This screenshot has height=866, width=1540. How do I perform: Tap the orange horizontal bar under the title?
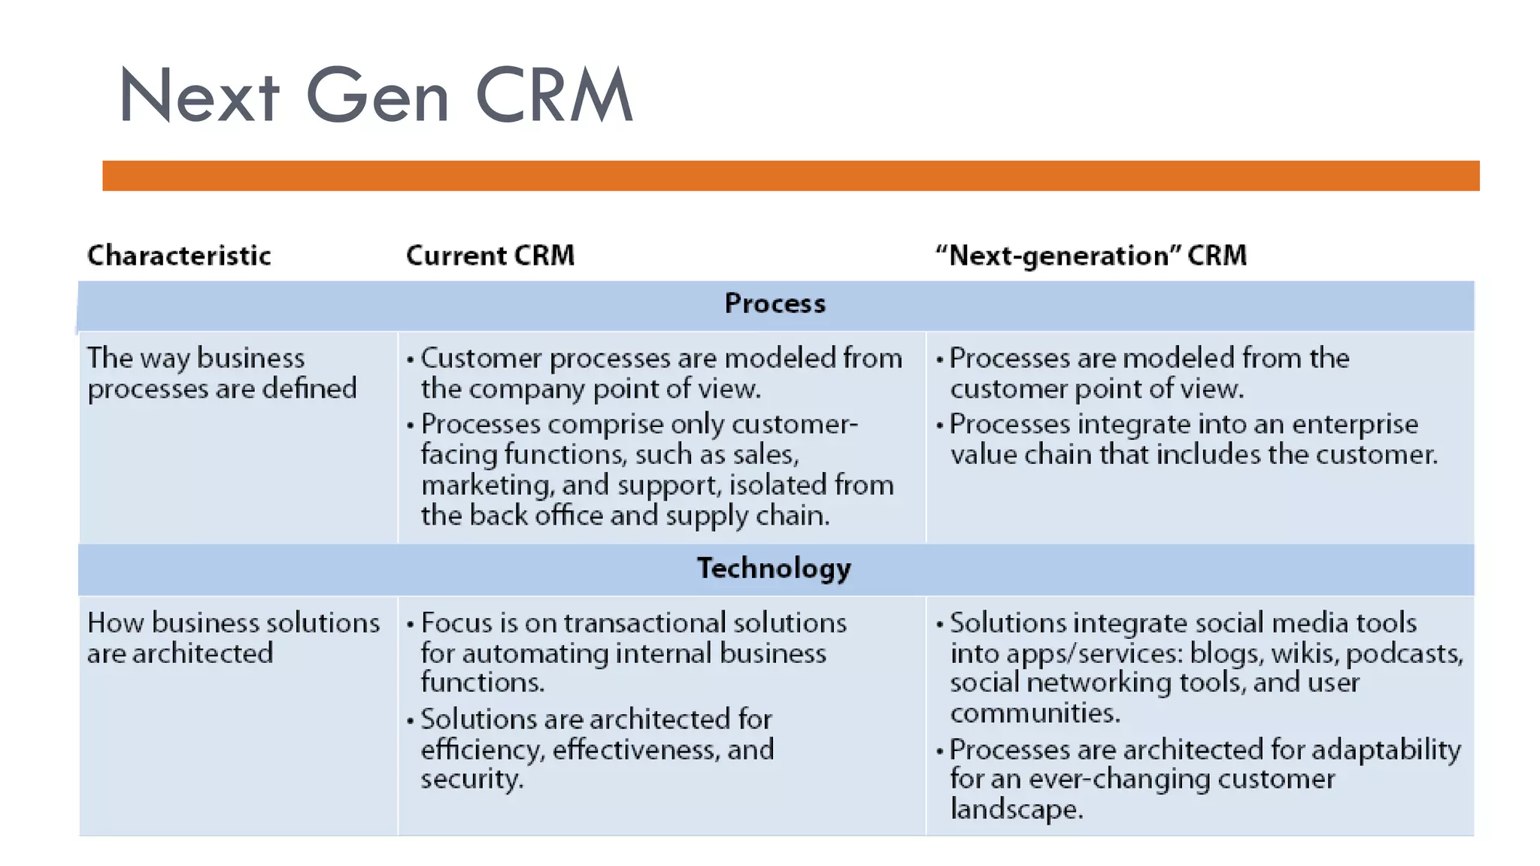(x=790, y=175)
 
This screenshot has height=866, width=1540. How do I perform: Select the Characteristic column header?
(x=179, y=256)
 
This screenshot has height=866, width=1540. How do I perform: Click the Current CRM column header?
(x=490, y=256)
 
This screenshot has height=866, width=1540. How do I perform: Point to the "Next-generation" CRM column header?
(x=1091, y=256)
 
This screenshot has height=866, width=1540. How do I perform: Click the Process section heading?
(x=775, y=304)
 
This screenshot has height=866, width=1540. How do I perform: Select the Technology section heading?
(x=774, y=568)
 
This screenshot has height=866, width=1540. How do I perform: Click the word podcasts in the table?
(x=1403, y=654)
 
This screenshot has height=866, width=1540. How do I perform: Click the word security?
(x=471, y=780)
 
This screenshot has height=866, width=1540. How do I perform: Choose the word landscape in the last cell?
(x=1016, y=810)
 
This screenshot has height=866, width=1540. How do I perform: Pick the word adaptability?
(x=1385, y=750)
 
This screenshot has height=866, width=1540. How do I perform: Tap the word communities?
(x=1035, y=713)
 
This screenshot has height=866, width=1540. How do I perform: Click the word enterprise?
(x=1354, y=425)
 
